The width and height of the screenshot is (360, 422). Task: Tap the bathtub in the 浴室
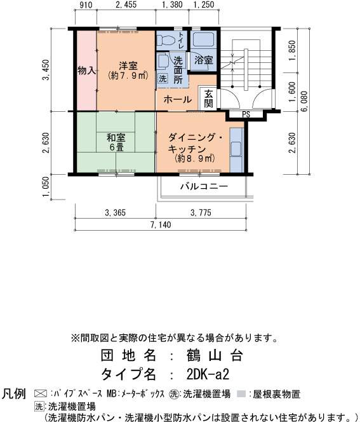pos(204,39)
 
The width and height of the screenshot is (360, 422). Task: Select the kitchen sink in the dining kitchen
pos(236,149)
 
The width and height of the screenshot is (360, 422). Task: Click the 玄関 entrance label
pos(209,99)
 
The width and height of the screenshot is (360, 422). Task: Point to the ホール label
pos(177,100)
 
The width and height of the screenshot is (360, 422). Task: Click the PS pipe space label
pos(246,114)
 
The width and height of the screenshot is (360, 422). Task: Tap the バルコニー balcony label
pos(204,186)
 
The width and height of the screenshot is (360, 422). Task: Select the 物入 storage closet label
pos(86,71)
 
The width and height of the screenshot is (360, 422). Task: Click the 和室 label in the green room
pos(116,137)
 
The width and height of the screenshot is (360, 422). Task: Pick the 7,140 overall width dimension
pos(161,224)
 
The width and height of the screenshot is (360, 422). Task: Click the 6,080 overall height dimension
pos(305,102)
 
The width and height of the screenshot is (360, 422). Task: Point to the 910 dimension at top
pos(86,5)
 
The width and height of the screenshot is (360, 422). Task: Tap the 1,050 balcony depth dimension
pos(46,187)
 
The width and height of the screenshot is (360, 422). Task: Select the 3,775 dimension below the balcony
pos(201,213)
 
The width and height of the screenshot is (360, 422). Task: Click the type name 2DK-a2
pos(208,374)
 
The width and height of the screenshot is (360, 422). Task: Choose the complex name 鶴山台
pos(215,355)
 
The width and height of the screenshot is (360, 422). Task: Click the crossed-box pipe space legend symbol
pos(41,394)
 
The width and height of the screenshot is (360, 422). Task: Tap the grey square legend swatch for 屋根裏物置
pos(241,394)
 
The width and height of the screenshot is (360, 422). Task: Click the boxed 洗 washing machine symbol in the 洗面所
pos(163,79)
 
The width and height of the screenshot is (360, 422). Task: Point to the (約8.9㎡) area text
pos(195,158)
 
